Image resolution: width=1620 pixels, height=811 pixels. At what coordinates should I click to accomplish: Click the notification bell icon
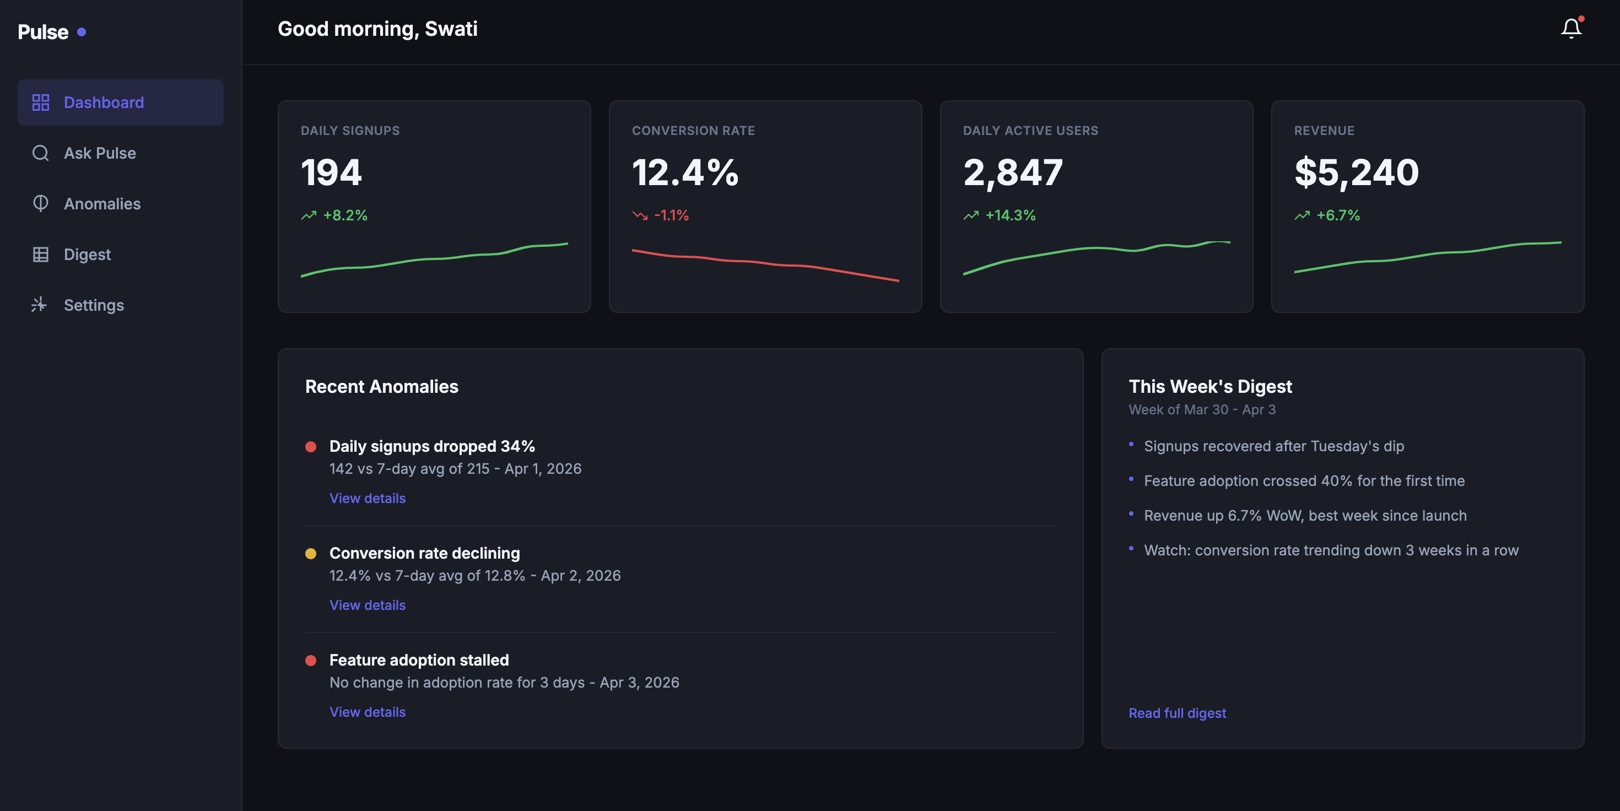(x=1570, y=28)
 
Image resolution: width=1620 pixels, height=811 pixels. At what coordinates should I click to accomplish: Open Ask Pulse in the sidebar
(x=99, y=153)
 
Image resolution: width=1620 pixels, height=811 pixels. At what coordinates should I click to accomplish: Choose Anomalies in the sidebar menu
(x=102, y=204)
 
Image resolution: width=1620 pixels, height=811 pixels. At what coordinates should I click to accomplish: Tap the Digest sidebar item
(x=87, y=255)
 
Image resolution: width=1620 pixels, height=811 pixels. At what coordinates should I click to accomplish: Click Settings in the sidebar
(x=94, y=305)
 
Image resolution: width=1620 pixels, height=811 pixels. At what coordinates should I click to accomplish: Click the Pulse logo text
(x=43, y=32)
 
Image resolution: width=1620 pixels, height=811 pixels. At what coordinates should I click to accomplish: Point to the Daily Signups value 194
(x=331, y=172)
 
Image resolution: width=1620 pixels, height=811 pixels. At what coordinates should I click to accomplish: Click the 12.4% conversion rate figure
(x=685, y=172)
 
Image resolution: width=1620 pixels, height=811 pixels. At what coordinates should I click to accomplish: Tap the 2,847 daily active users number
(x=1013, y=172)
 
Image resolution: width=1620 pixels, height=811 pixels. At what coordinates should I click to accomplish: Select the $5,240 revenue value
(x=1356, y=172)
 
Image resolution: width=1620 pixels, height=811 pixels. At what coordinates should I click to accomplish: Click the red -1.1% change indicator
(x=671, y=215)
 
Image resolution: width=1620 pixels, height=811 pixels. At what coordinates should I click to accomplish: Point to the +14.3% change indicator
(x=1009, y=215)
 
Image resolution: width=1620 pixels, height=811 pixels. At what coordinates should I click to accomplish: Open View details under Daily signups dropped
(x=368, y=498)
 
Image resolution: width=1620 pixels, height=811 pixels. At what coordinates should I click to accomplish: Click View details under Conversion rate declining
(x=368, y=605)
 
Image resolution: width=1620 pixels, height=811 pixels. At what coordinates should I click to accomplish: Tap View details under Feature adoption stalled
(x=368, y=712)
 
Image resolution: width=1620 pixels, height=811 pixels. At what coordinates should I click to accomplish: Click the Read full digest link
(x=1176, y=713)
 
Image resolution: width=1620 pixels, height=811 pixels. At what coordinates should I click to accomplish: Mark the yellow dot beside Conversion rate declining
(x=311, y=554)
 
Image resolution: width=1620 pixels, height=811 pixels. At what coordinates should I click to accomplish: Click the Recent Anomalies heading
(x=381, y=387)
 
